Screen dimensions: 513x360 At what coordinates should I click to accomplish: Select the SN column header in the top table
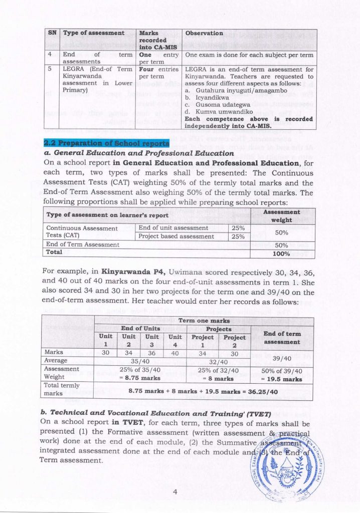point(52,33)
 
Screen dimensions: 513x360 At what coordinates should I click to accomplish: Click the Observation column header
point(204,33)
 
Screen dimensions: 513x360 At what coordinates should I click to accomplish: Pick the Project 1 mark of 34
point(203,353)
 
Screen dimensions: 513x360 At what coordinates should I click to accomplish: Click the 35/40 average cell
point(138,361)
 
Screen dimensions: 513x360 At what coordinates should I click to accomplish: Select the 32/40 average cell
point(219,361)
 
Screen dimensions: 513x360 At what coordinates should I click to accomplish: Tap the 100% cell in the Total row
point(282,253)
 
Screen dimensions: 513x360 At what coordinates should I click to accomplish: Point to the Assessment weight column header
point(282,216)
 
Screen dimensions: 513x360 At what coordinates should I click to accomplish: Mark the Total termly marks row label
point(60,389)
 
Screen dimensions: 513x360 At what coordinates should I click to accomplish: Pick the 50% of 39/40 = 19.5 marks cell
point(281,375)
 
